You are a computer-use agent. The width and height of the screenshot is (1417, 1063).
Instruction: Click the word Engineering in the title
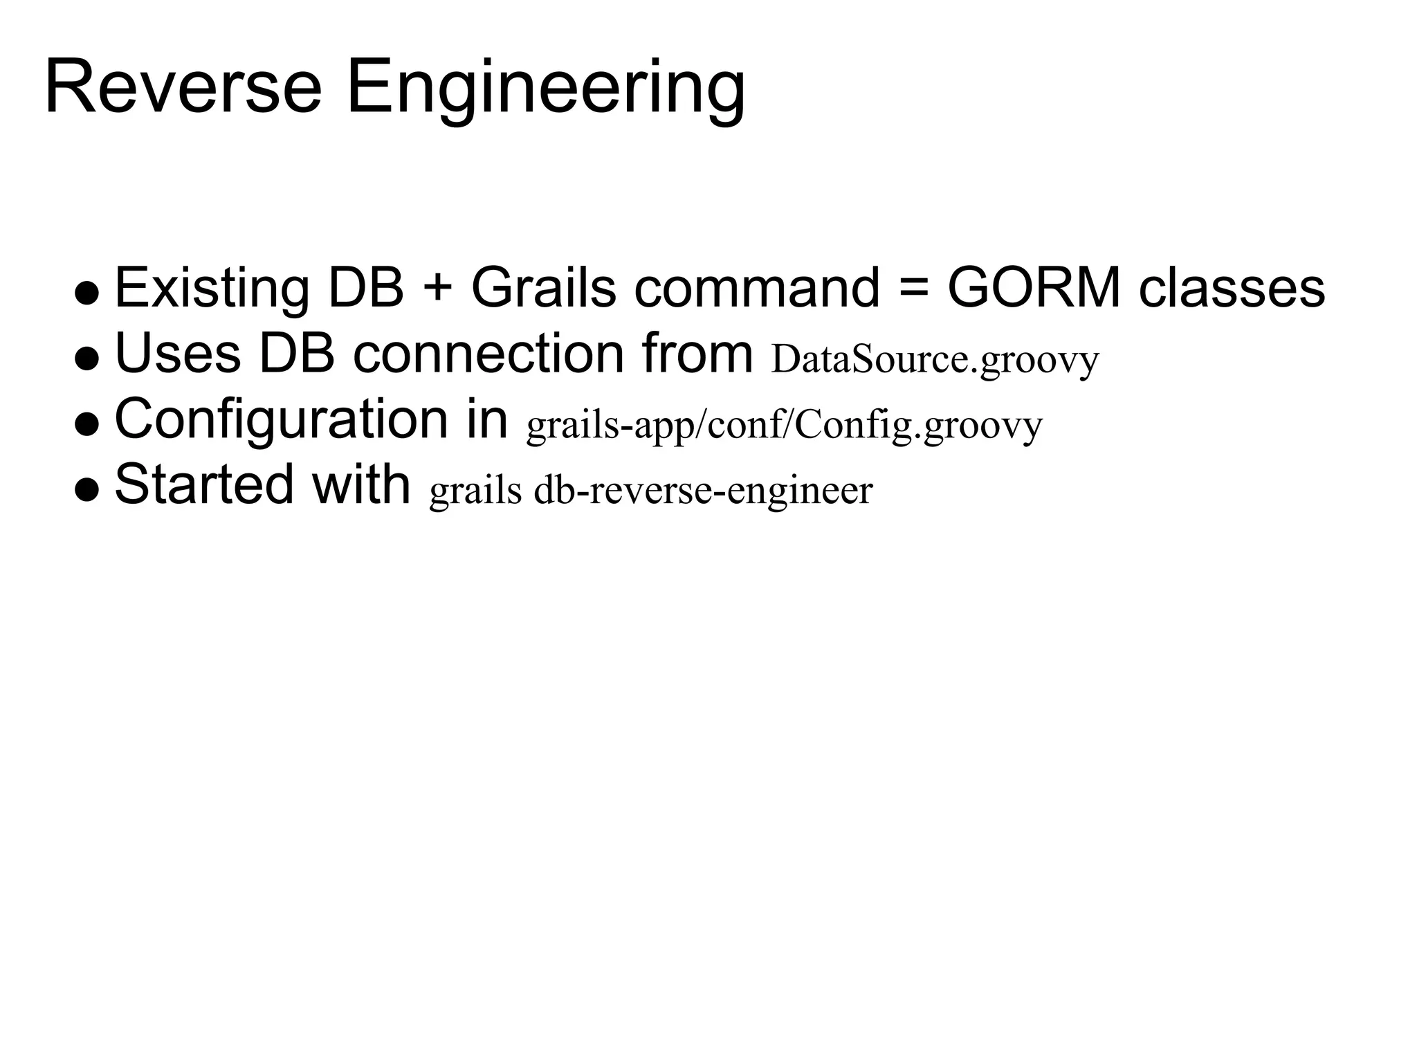pyautogui.click(x=545, y=90)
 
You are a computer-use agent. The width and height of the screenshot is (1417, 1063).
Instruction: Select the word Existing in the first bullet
pyautogui.click(x=212, y=288)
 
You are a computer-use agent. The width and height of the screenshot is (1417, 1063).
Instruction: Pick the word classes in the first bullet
pyautogui.click(x=1232, y=288)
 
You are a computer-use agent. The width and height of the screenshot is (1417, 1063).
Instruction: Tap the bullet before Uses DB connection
pyautogui.click(x=87, y=358)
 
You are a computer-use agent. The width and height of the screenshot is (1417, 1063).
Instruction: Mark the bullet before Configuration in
pyautogui.click(x=87, y=424)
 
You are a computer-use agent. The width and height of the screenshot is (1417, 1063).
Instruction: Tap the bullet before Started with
pyautogui.click(x=87, y=489)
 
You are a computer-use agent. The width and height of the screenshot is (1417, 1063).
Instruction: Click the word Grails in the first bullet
pyautogui.click(x=543, y=288)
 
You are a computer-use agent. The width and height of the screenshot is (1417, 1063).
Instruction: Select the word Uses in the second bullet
pyautogui.click(x=177, y=354)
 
